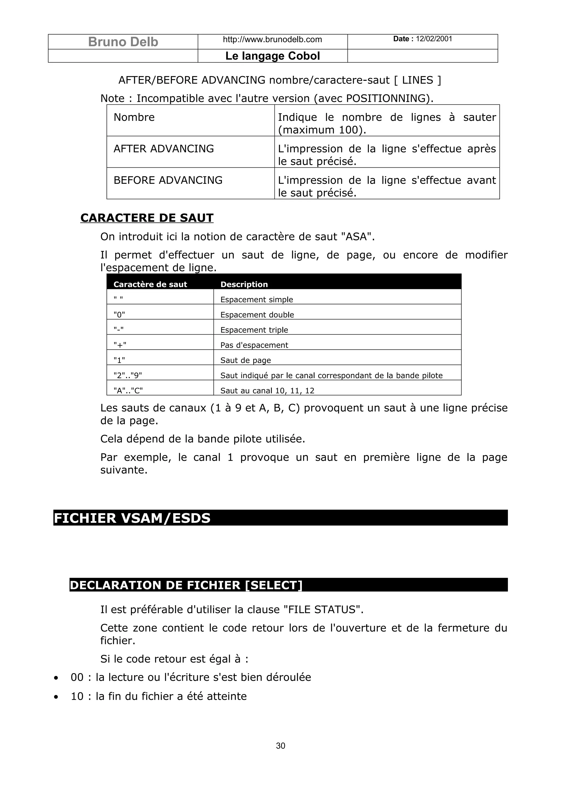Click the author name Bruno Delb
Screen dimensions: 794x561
click(x=123, y=42)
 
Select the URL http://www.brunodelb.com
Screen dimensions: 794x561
click(x=272, y=39)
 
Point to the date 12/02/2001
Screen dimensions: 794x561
click(x=434, y=39)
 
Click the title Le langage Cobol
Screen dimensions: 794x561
click(x=272, y=56)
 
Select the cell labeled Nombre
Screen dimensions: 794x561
click(x=134, y=117)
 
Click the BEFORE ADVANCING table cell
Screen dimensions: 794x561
click(x=168, y=180)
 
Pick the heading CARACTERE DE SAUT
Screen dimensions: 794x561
click(x=147, y=218)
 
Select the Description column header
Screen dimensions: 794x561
click(x=244, y=284)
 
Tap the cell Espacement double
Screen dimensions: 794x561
click(x=257, y=315)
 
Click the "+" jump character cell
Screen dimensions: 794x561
click(x=120, y=345)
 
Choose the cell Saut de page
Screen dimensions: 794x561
click(x=245, y=360)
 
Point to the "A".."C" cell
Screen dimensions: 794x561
click(x=128, y=391)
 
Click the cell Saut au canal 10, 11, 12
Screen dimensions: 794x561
click(x=267, y=391)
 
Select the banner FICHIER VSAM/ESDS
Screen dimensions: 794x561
click(x=132, y=518)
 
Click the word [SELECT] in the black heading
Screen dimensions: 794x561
click(x=273, y=585)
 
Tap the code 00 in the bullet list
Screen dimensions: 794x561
click(x=77, y=677)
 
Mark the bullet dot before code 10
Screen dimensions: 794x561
click(x=56, y=697)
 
